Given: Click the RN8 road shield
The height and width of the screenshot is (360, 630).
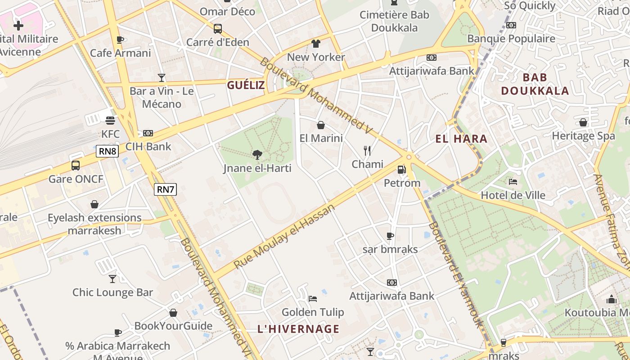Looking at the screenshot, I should point(108,151).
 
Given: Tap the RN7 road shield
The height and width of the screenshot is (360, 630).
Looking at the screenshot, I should point(165,189).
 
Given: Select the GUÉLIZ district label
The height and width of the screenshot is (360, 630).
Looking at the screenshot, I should point(246,85).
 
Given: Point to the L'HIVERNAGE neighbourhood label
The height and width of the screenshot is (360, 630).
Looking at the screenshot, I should point(298,329).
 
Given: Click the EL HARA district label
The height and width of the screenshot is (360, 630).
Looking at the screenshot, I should point(461,139).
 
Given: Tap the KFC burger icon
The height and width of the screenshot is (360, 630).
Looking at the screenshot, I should point(110,121).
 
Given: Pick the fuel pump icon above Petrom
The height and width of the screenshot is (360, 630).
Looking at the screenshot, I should point(401,170).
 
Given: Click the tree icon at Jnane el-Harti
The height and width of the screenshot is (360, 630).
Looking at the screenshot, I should point(257,155).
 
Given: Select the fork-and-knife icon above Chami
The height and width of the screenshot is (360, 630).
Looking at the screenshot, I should point(368,151).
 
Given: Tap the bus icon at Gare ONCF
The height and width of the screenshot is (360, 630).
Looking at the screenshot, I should point(76,166).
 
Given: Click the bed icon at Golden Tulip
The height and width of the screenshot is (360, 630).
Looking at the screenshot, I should point(313,299).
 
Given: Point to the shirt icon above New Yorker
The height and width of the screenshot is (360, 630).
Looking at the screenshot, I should point(316,44).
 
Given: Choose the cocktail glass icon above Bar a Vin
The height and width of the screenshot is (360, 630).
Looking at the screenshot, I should point(162,78).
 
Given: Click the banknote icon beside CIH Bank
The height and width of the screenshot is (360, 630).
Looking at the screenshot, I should point(148,133).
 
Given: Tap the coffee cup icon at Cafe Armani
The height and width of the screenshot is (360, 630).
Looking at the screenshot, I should point(120,40).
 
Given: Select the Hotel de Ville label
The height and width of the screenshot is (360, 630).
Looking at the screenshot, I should point(513,195).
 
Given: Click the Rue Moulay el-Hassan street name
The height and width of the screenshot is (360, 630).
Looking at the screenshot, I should point(285,236).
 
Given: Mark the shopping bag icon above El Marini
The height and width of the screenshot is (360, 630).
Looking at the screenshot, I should point(321,125).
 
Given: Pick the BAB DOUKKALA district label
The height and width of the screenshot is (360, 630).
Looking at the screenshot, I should point(535,84).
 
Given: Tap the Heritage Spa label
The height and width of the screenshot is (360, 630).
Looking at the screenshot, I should point(583,135).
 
